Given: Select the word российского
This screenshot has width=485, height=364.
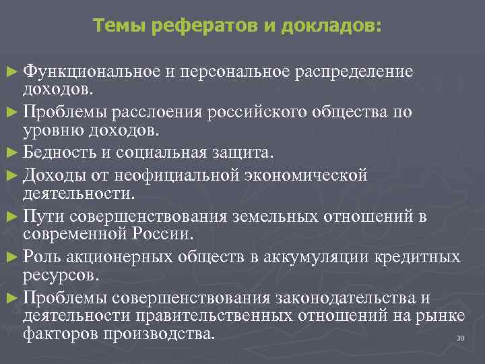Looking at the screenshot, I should (x=265, y=111).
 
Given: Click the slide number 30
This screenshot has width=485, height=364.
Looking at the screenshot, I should (x=461, y=338).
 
